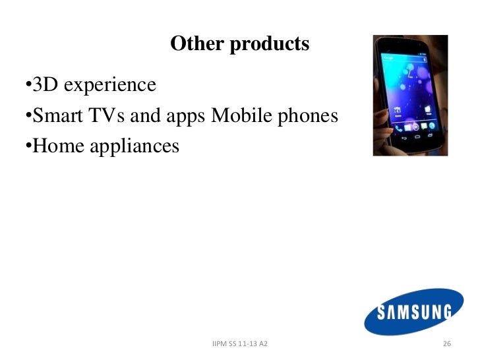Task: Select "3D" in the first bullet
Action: coord(45,85)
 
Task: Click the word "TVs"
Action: coord(109,116)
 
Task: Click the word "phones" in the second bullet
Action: coord(307,117)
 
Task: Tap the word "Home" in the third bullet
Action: coord(56,146)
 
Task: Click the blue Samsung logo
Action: coord(414,312)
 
